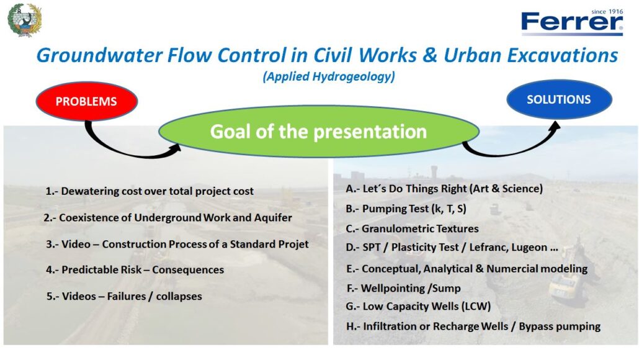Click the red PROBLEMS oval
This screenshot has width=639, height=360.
click(x=86, y=101)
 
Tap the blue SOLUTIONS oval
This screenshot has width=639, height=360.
click(x=559, y=99)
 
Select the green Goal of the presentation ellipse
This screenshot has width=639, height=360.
click(x=319, y=132)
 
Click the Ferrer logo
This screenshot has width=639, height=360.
click(x=572, y=22)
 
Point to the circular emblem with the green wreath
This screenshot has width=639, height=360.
click(x=24, y=20)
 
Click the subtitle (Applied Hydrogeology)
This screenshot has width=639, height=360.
click(x=329, y=76)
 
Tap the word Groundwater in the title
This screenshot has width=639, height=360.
click(x=100, y=55)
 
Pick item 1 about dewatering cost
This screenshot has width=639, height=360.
click(x=150, y=191)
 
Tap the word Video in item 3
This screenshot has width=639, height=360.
click(x=76, y=244)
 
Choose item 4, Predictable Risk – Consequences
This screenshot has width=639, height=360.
click(x=135, y=270)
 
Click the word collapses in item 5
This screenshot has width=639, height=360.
click(x=179, y=297)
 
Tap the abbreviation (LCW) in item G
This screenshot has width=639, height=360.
click(x=476, y=306)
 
